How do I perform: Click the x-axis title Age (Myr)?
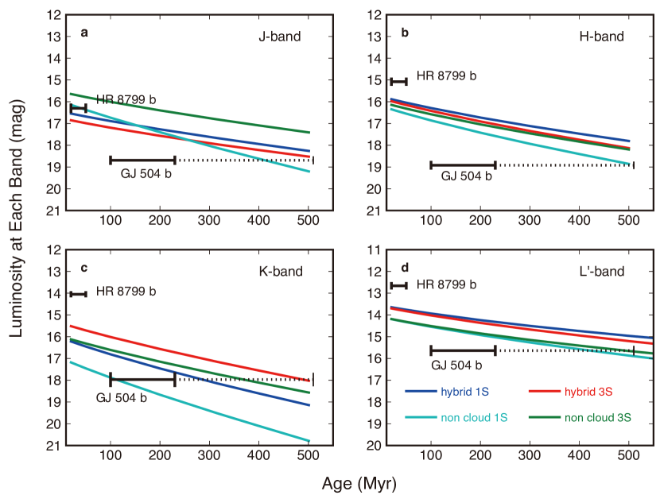click(x=359, y=482)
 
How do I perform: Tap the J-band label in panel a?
click(x=280, y=36)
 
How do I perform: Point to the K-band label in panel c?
click(x=280, y=271)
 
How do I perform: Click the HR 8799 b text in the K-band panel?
click(x=126, y=291)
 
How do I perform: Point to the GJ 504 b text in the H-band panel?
click(x=467, y=176)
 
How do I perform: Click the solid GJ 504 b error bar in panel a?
click(x=142, y=160)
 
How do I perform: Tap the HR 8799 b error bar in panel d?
click(x=398, y=285)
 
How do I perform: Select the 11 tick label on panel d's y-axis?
click(x=370, y=250)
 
